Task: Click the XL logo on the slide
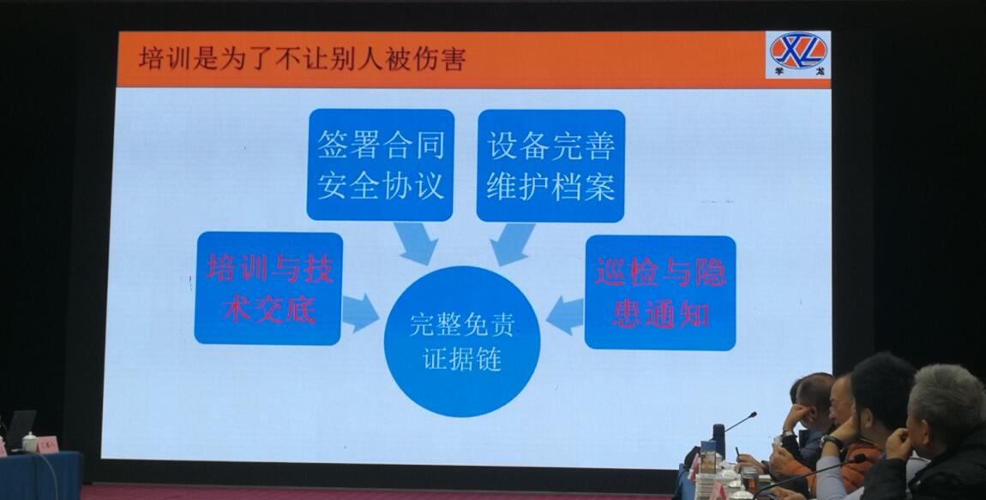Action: coord(798,54)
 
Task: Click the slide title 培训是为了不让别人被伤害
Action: coord(302,60)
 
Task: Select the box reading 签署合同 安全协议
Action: coord(381,165)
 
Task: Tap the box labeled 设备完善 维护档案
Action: coord(550,166)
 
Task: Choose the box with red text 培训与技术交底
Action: coord(269,289)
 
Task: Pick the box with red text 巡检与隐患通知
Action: coord(660,293)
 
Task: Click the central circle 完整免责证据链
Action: coord(462,342)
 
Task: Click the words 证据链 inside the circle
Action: coord(462,360)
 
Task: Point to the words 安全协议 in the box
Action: coord(381,186)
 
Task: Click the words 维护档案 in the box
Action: coord(550,187)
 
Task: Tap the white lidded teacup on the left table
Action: coord(29,443)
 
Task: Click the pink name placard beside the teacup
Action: coord(47,445)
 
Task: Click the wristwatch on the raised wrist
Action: coord(832,442)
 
